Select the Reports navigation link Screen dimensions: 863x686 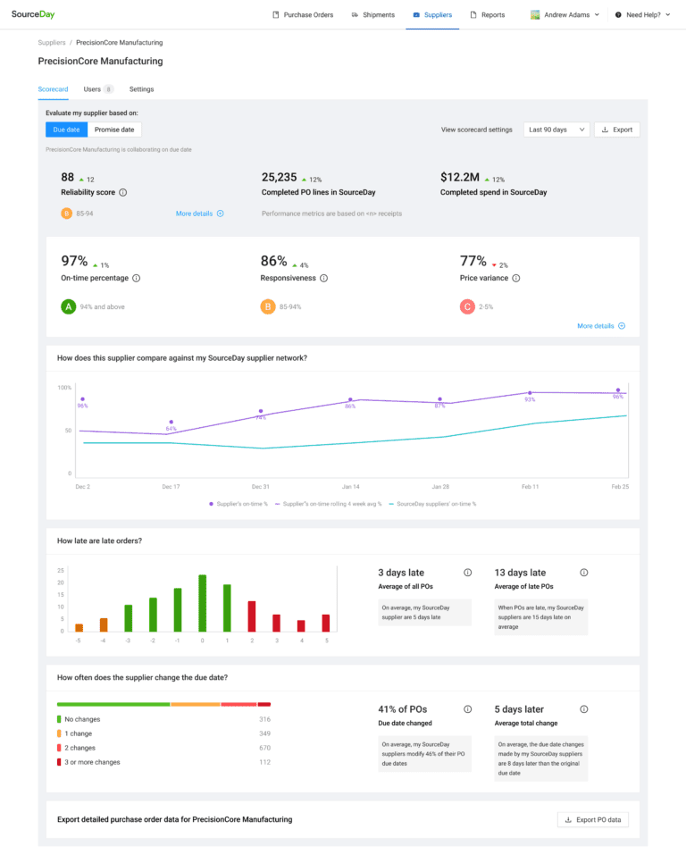pos(488,15)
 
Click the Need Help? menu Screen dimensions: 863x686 pos(642,15)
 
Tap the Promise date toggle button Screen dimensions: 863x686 pos(114,130)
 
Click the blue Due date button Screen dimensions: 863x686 pos(67,130)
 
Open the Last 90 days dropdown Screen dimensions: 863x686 pos(556,130)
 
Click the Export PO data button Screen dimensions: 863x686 pos(592,819)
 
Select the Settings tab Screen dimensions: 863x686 pos(141,89)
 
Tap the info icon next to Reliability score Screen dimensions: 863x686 pos(123,192)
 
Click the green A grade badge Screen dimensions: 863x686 pos(68,306)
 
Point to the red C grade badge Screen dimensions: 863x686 pos(466,306)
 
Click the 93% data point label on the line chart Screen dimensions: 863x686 pos(530,399)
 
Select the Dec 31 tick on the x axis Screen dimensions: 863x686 pos(261,487)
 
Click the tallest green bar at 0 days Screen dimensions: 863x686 pos(203,603)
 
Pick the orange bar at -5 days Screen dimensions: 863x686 pos(79,627)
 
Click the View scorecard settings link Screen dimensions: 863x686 pos(477,130)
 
